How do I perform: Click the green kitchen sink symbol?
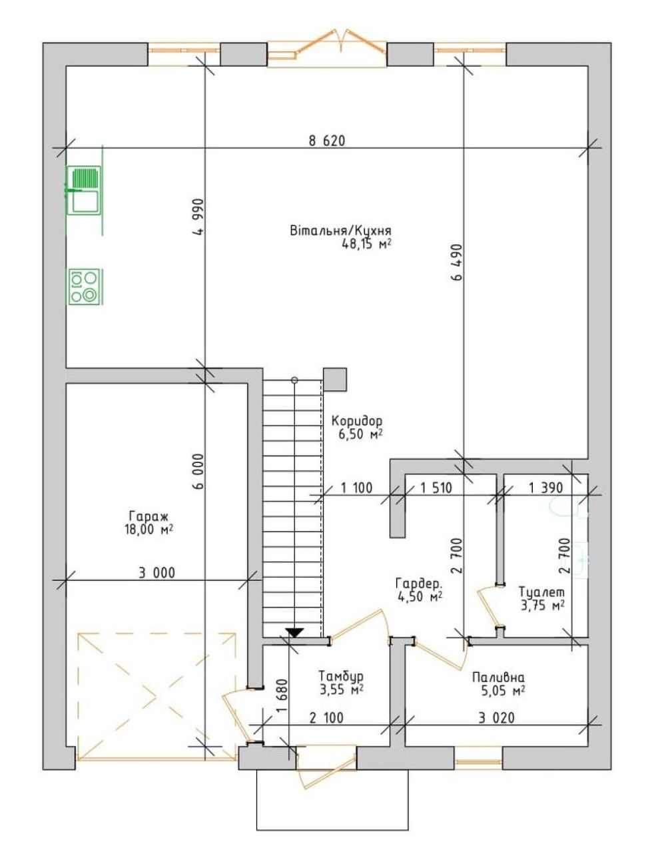[84, 190]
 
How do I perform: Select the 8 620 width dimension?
[327, 141]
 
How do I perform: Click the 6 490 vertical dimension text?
[457, 262]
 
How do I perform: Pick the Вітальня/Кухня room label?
[340, 230]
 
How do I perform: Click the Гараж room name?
[149, 516]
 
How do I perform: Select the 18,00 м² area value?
[149, 530]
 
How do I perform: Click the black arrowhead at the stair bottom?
[294, 632]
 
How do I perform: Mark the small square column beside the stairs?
[334, 380]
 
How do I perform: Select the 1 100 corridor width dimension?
[356, 488]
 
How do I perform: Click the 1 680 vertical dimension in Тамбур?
[282, 695]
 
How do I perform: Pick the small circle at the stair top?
[294, 380]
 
